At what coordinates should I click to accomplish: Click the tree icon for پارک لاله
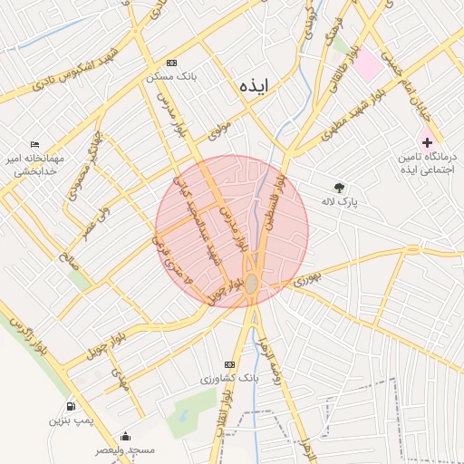(340, 188)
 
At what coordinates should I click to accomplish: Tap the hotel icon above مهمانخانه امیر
(34, 145)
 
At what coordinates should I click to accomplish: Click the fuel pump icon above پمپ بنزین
(71, 407)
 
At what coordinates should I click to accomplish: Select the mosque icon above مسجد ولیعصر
(125, 436)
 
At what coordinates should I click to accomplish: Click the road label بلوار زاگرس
(27, 334)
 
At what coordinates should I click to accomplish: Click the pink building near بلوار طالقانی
(367, 65)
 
